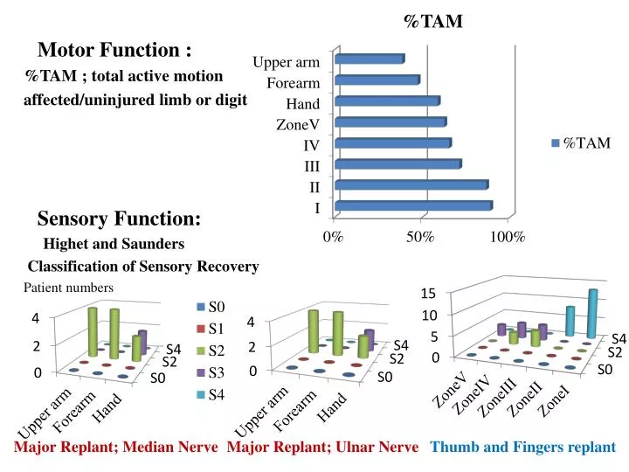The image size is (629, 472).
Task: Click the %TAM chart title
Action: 433,22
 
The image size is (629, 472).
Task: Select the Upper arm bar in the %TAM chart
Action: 369,59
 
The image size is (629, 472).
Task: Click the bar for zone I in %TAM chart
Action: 413,206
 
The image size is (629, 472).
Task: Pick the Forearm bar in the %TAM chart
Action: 377,80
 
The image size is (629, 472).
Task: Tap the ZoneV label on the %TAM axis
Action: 298,124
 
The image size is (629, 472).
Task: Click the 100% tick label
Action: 507,237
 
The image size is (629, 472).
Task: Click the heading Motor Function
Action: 114,50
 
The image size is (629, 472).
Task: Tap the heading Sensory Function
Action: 119,217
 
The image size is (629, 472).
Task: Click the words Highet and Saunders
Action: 114,243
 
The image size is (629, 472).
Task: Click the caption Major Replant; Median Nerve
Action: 116,448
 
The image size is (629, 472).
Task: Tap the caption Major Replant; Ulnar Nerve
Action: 322,448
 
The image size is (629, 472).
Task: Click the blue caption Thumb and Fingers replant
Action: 523,448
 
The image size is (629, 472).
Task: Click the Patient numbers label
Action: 68,288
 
